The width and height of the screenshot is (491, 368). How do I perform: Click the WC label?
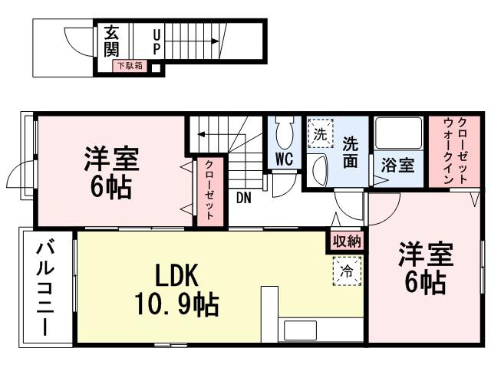coord(285,160)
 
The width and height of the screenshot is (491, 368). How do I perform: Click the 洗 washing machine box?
coord(321,133)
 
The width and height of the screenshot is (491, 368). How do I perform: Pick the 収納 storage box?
coord(346,241)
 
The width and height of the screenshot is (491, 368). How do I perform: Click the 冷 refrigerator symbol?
coord(347,270)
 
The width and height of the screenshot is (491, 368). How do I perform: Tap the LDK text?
coord(178,274)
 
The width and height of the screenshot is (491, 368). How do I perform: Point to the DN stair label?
coord(244,198)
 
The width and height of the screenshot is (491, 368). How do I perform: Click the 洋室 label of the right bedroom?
coord(425,255)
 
